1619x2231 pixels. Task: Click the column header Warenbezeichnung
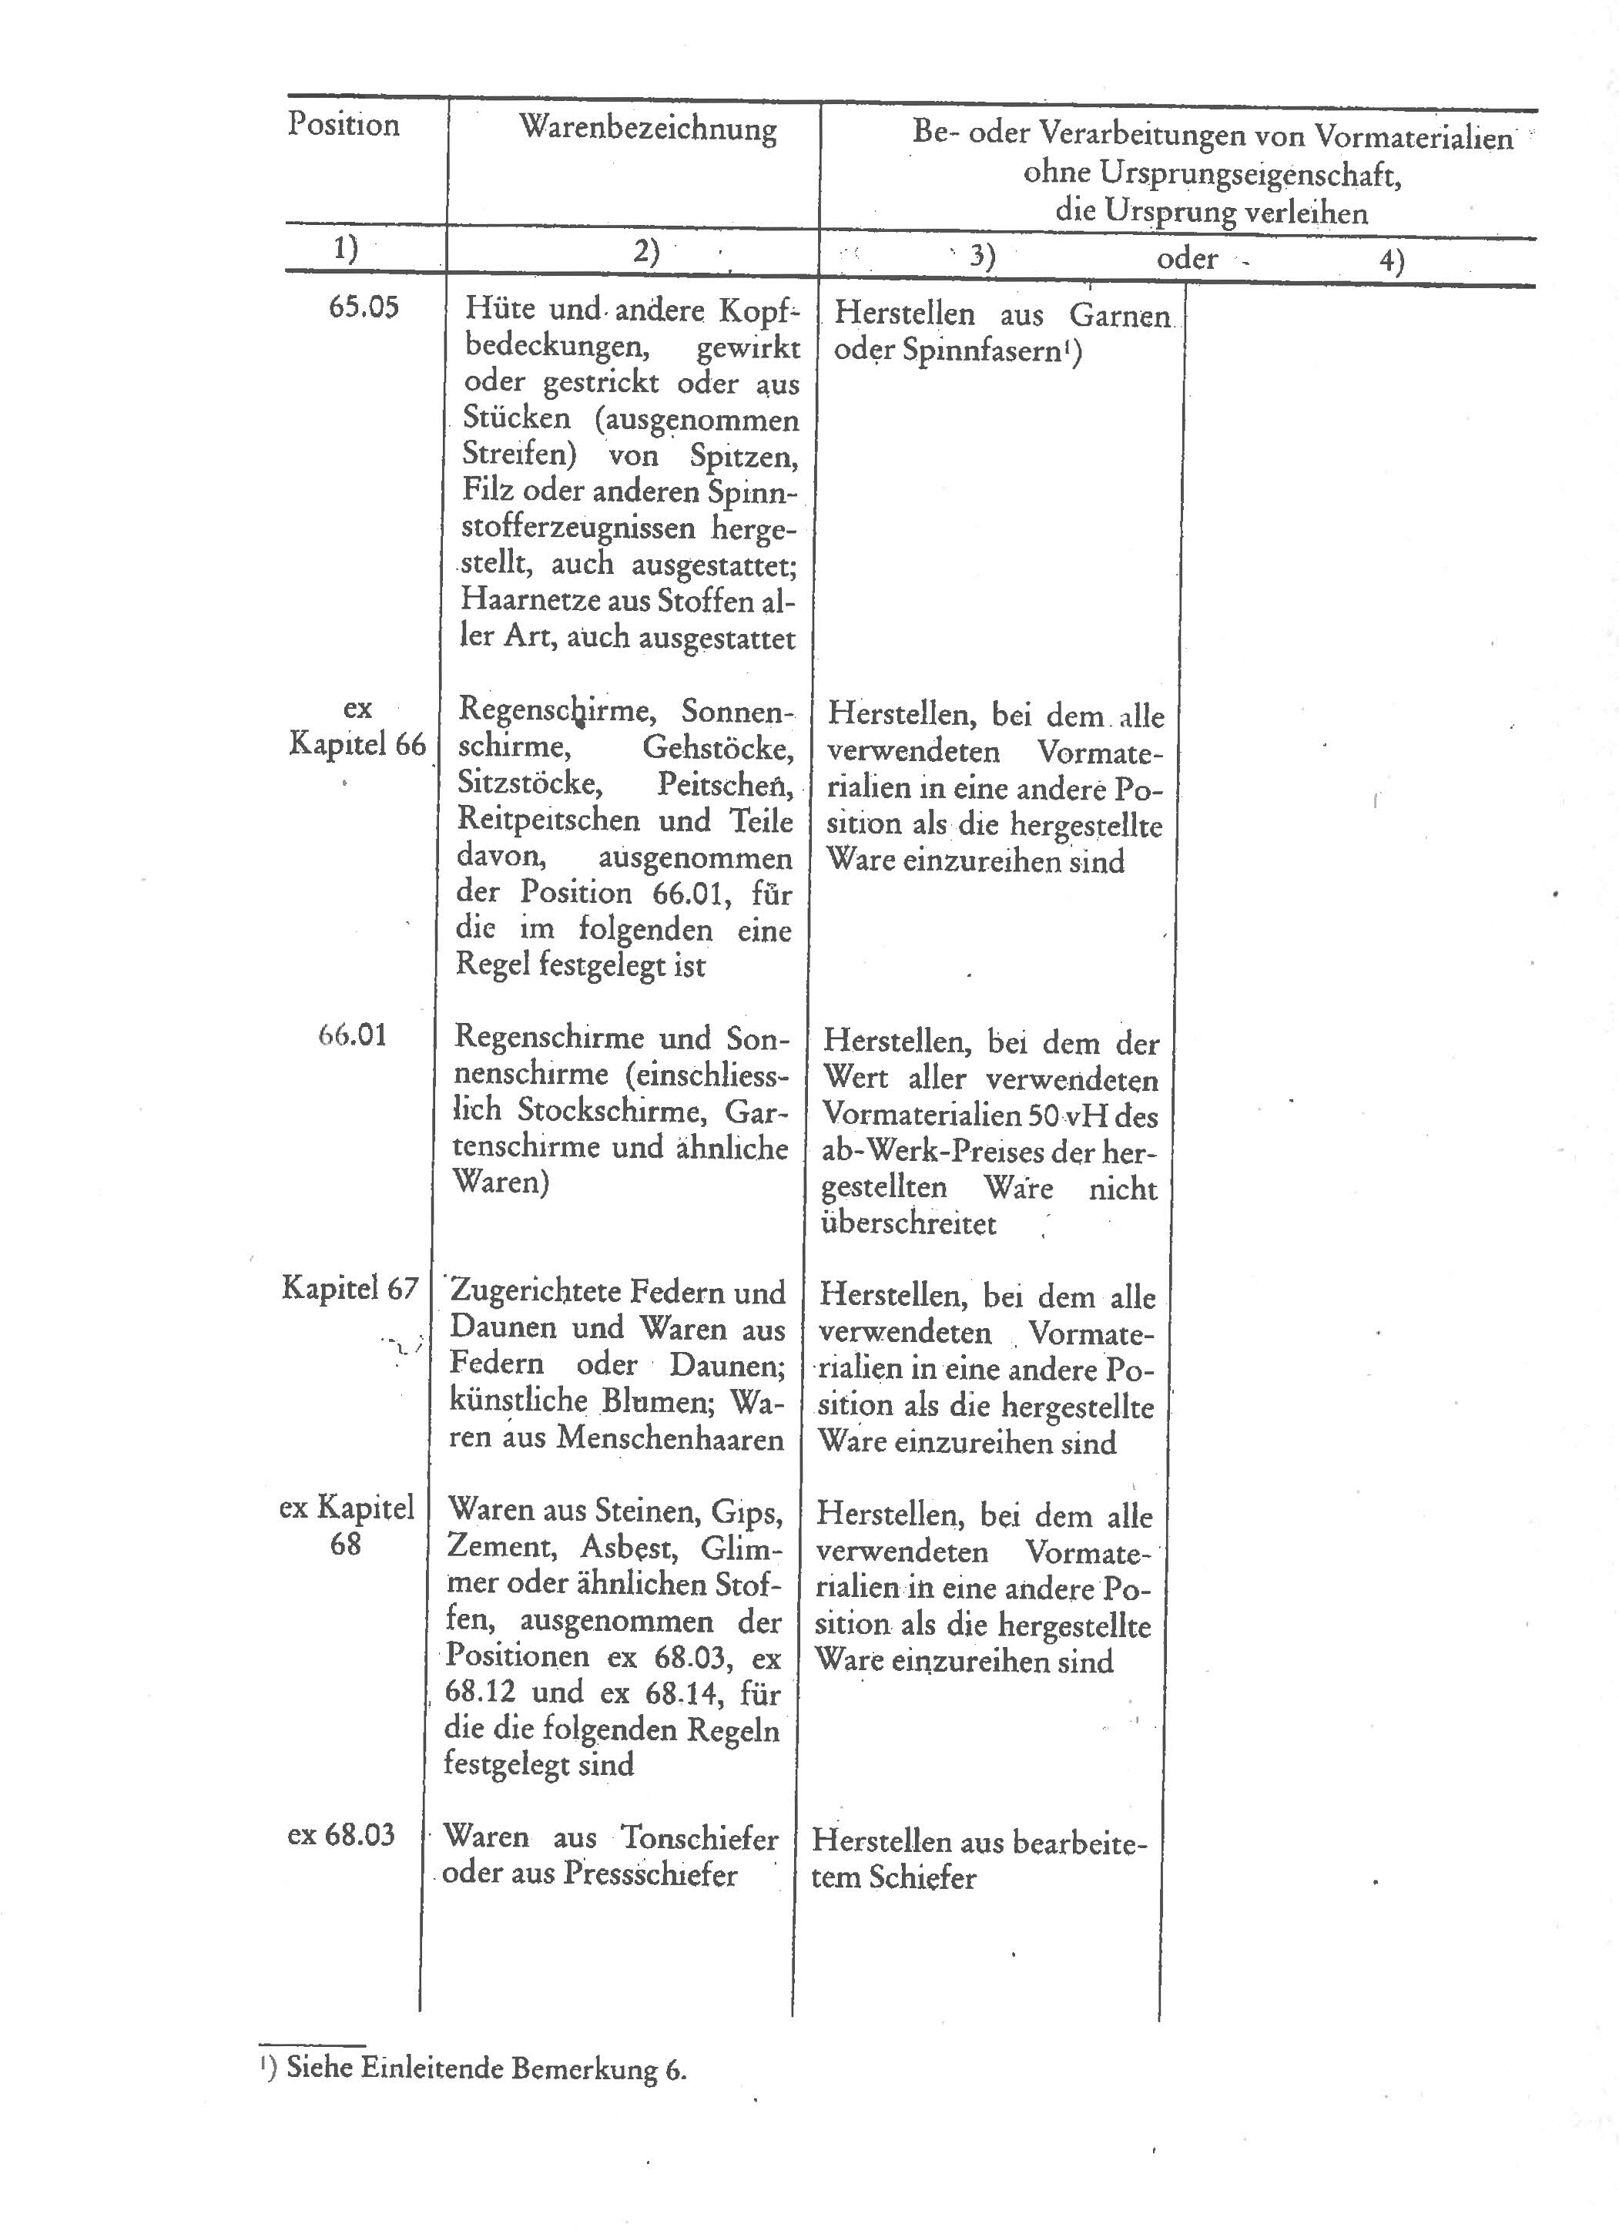click(x=647, y=128)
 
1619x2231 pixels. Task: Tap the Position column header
click(x=344, y=125)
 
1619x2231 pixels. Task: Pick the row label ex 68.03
click(x=340, y=1834)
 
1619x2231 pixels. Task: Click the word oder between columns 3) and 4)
click(x=1186, y=259)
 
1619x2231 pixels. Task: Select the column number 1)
click(x=345, y=249)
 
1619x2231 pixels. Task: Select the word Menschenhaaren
click(x=670, y=1438)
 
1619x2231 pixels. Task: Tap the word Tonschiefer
click(x=699, y=1837)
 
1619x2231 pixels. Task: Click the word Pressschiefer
click(x=649, y=1874)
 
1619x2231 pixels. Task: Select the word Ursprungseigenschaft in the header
click(x=1211, y=174)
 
